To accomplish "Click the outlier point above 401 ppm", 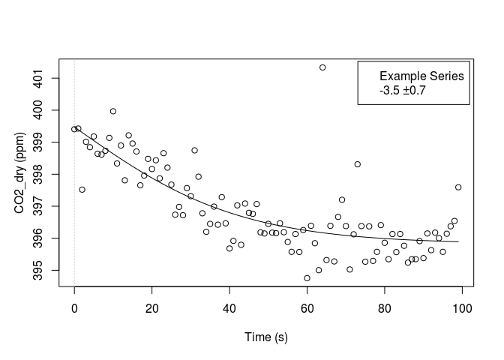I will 322,67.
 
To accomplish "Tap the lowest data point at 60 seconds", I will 307,277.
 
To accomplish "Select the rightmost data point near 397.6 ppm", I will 458,187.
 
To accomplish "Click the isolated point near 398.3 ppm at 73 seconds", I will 358,164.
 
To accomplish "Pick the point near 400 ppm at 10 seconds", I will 113,111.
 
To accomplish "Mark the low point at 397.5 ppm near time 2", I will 82,190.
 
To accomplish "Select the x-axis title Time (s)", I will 268,337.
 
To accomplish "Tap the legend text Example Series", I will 421,76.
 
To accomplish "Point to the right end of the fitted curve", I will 458,241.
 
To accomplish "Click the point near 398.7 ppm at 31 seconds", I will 194,150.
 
